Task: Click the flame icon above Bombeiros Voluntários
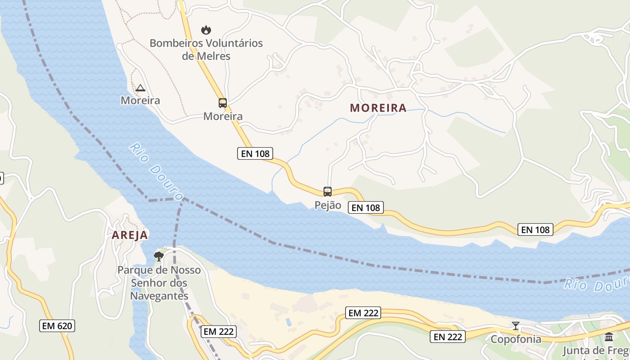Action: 206,30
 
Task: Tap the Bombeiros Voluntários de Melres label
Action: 206,49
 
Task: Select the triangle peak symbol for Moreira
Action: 140,88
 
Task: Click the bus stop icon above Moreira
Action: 223,103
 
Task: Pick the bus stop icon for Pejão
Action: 328,192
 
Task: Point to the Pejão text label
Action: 328,206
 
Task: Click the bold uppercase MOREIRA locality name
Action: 378,108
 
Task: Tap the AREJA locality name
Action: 130,235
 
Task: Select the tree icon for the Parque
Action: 158,256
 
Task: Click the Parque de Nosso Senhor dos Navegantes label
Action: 159,283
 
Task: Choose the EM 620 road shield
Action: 57,326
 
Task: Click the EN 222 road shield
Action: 447,337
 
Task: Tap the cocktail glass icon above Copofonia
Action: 516,325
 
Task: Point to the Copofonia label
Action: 516,339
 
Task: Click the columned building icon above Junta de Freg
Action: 609,337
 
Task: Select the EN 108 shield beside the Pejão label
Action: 366,207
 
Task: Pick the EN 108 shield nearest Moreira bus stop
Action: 255,153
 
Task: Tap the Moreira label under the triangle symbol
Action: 140,100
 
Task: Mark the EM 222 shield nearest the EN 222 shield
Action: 364,313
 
